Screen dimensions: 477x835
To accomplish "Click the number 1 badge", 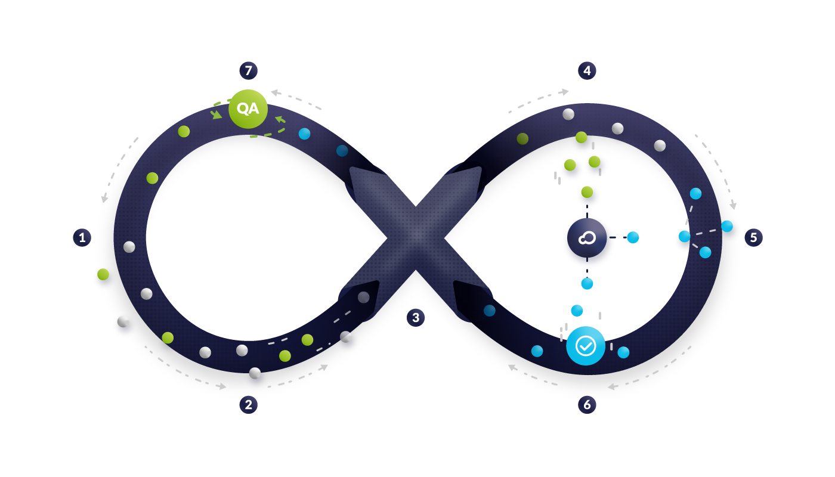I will (x=82, y=237).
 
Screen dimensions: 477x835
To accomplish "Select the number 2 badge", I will (x=248, y=405).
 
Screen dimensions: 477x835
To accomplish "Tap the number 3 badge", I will (x=416, y=317).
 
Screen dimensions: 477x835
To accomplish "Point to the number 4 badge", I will (x=587, y=70).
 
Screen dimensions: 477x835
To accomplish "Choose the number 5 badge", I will (x=753, y=237).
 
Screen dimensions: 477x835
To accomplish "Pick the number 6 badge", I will (x=587, y=405).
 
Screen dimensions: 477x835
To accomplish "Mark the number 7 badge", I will (x=248, y=70).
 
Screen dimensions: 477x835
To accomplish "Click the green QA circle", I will (x=248, y=109).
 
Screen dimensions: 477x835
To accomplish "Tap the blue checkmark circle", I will (x=586, y=346).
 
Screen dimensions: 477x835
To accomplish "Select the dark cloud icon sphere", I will (x=587, y=238).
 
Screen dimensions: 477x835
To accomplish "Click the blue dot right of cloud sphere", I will (x=633, y=237).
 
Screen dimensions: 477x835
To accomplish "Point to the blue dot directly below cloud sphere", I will (x=587, y=284).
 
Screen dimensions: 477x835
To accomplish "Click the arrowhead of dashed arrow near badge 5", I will (x=733, y=206).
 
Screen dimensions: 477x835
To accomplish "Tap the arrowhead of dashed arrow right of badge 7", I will (x=274, y=92).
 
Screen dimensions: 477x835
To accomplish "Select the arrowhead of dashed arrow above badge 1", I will (x=104, y=199).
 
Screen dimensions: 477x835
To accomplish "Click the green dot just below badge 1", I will (x=103, y=274).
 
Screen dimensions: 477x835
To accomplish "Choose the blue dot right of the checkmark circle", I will (x=623, y=352).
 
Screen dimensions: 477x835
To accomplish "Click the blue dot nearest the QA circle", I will (x=304, y=134).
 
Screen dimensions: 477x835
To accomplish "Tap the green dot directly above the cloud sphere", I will (x=587, y=192).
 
